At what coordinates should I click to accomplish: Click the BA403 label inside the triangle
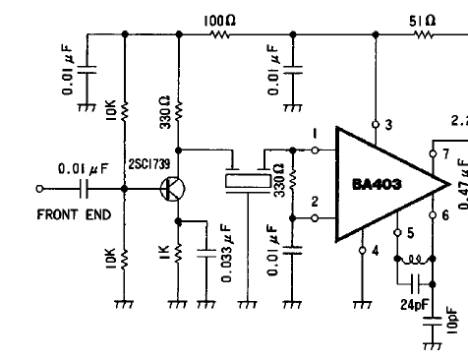tap(377, 185)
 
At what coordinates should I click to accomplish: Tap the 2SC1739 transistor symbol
tap(173, 189)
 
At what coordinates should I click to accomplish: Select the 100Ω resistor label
tap(219, 22)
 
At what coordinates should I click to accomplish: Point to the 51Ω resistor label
tap(423, 22)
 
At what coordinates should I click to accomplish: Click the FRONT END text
tap(74, 214)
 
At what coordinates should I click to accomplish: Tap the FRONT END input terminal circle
tap(39, 189)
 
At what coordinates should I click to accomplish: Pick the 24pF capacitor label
tap(414, 305)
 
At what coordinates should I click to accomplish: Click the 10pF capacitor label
tap(452, 321)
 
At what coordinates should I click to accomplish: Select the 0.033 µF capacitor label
tap(227, 253)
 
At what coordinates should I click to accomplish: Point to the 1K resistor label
tap(164, 252)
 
